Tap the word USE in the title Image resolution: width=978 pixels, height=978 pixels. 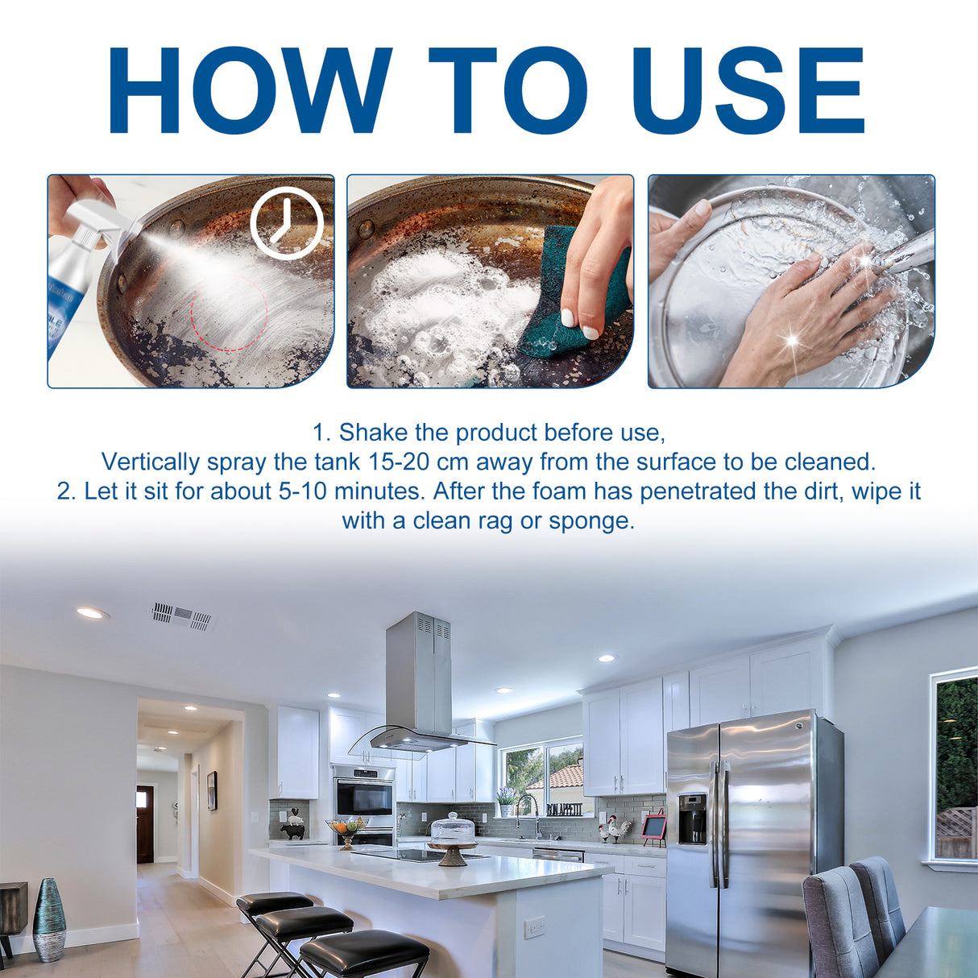pyautogui.click(x=749, y=90)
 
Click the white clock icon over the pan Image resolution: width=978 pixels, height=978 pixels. pyautogui.click(x=286, y=223)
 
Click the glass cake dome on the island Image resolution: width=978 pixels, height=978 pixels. pyautogui.click(x=453, y=829)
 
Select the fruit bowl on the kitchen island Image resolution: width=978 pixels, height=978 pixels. pyautogui.click(x=346, y=827)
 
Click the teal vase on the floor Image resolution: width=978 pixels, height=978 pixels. pyautogui.click(x=49, y=918)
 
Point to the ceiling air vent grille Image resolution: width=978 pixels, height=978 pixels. pyautogui.click(x=182, y=616)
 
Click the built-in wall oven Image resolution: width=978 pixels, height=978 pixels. pyautogui.click(x=363, y=798)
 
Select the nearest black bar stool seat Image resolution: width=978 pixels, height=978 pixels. pyautogui.click(x=364, y=951)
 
